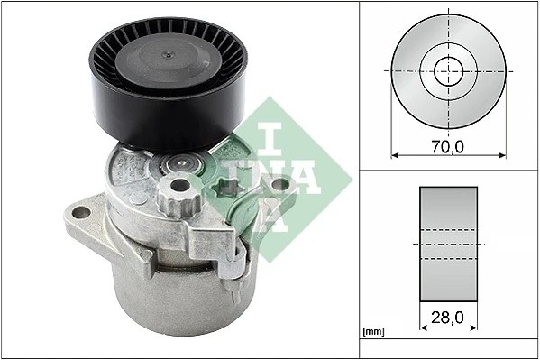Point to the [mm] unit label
[x=372, y=332]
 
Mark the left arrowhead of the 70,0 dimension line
[x=393, y=154]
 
